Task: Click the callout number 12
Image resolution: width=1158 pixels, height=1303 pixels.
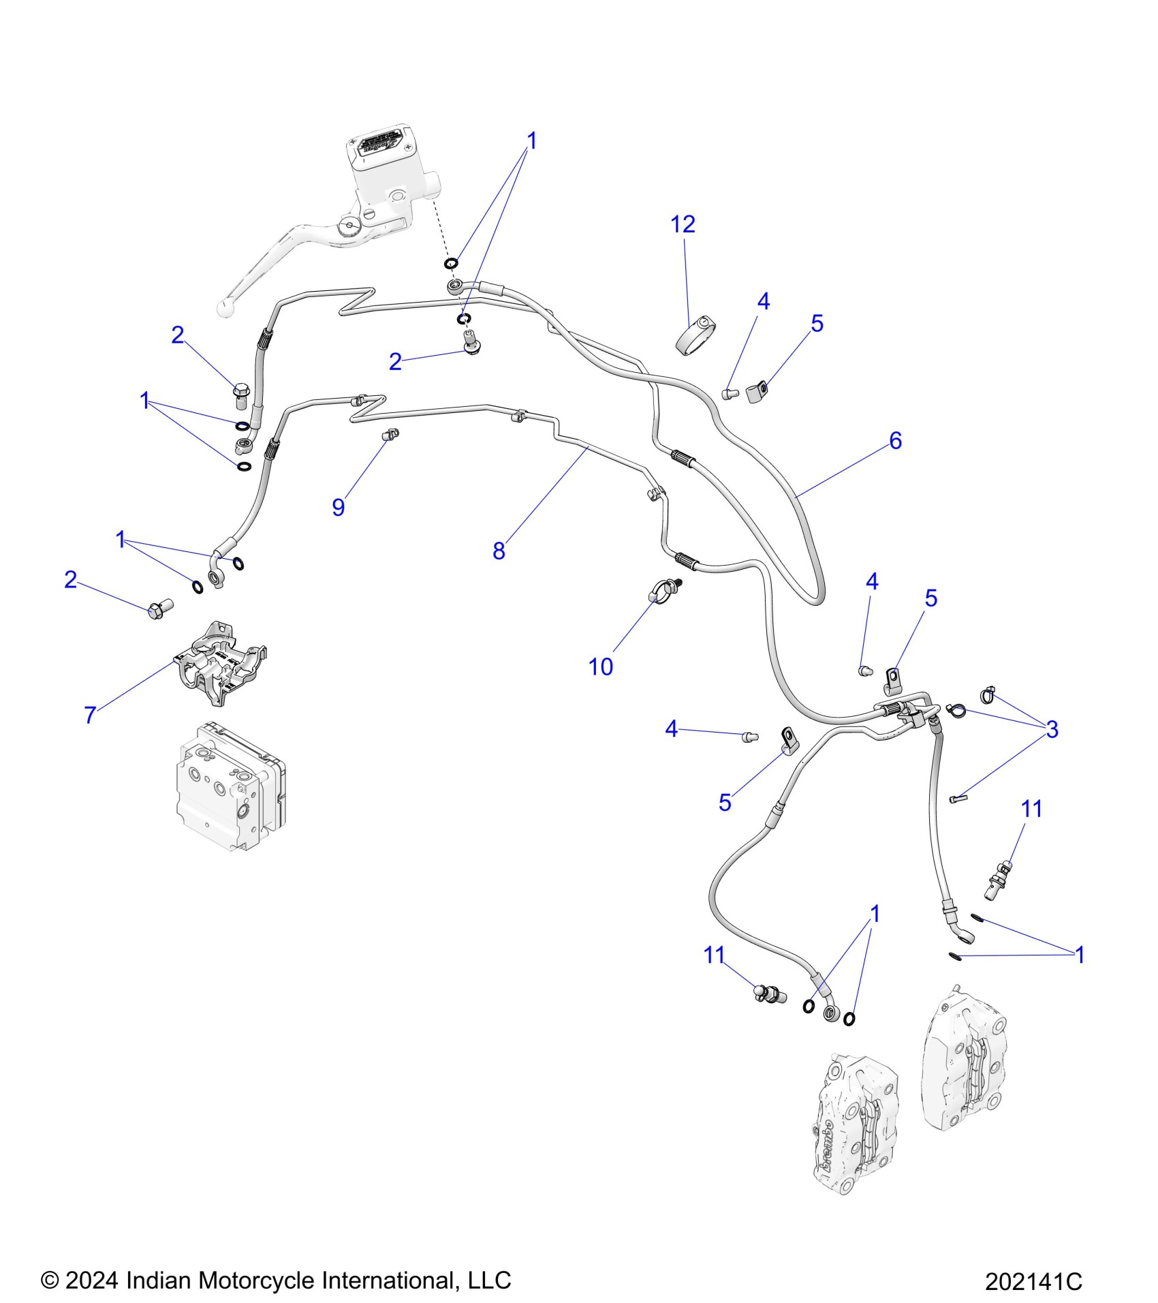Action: point(683,224)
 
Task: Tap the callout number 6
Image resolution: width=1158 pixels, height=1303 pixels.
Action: point(895,441)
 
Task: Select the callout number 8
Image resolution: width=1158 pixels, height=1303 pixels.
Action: point(499,551)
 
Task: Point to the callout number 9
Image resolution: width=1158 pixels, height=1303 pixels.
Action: point(339,507)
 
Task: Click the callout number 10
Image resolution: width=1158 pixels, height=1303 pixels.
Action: point(600,666)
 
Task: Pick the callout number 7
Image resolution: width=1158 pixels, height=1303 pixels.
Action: point(90,714)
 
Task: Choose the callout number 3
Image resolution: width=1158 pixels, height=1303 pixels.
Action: point(1052,729)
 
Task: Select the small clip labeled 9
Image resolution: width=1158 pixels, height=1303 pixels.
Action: point(390,434)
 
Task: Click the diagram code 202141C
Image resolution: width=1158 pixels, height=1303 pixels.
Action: point(1033,1282)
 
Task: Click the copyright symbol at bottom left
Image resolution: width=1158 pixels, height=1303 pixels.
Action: point(50,1281)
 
